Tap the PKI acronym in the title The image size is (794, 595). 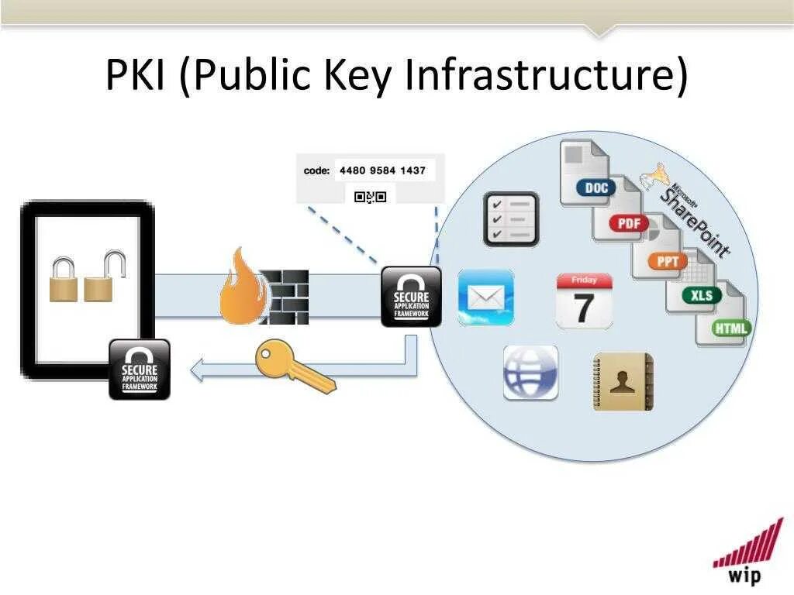click(x=135, y=75)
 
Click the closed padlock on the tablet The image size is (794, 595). click(x=64, y=280)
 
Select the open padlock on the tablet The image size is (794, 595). click(x=104, y=278)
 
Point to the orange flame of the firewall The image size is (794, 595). click(x=241, y=288)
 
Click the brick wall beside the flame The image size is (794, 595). click(x=285, y=297)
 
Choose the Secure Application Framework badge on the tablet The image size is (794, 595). click(x=139, y=370)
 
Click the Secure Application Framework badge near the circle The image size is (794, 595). click(x=411, y=297)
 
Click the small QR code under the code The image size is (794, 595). click(x=369, y=197)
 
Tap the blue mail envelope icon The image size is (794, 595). click(x=485, y=297)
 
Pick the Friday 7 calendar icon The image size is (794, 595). click(x=584, y=301)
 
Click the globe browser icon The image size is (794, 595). click(x=530, y=373)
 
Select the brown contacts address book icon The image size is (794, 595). click(x=623, y=381)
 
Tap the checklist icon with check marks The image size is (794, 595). click(x=511, y=219)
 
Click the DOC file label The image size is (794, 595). click(x=595, y=188)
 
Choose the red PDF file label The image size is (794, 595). click(x=629, y=224)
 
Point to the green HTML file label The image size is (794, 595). click(x=730, y=328)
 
